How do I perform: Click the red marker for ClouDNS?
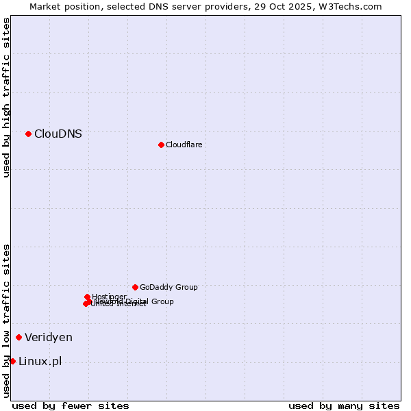28,134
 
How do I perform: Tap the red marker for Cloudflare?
161,145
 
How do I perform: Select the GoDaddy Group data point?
135,287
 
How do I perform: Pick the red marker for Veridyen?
18,337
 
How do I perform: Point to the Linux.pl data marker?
12,361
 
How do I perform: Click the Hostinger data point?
87,297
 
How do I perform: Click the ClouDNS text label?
58,134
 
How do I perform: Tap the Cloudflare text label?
184,145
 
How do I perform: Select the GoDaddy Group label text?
169,287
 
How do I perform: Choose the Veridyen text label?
48,337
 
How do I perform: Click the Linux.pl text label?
40,361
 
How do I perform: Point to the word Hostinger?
109,297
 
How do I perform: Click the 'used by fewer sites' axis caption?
71,406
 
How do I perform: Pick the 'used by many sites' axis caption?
344,406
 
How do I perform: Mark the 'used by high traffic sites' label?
6,97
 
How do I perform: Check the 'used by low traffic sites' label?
6,321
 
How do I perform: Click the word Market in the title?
45,6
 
